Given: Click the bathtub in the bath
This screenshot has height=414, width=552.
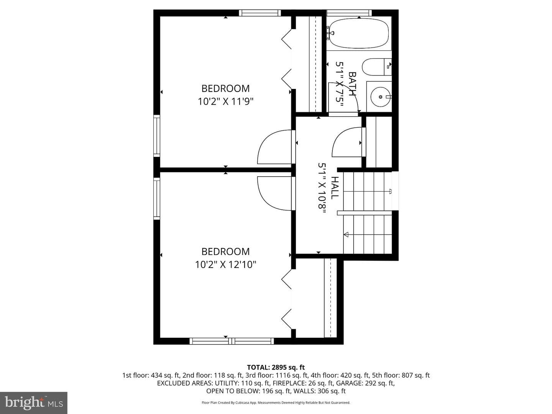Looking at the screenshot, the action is [x=359, y=33].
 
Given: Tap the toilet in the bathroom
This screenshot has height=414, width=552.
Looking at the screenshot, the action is [x=376, y=67].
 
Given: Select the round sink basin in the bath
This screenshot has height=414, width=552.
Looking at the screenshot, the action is [x=381, y=97].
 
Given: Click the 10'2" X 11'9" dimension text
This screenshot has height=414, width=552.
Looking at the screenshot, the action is [x=225, y=102].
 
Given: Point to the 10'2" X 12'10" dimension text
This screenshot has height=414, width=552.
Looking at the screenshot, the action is [x=225, y=264].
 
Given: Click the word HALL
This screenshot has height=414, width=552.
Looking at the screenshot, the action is [x=335, y=188].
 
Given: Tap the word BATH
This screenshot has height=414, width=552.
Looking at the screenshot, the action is [x=353, y=84].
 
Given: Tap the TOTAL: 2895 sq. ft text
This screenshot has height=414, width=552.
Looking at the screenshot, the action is [x=276, y=368].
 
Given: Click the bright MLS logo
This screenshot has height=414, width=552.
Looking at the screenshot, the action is [x=34, y=402].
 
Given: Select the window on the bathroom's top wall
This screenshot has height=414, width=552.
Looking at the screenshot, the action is [x=349, y=13].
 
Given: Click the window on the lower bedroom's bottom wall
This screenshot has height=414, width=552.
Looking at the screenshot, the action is [x=232, y=341].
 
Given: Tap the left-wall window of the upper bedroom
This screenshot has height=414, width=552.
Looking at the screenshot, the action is [x=157, y=136].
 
